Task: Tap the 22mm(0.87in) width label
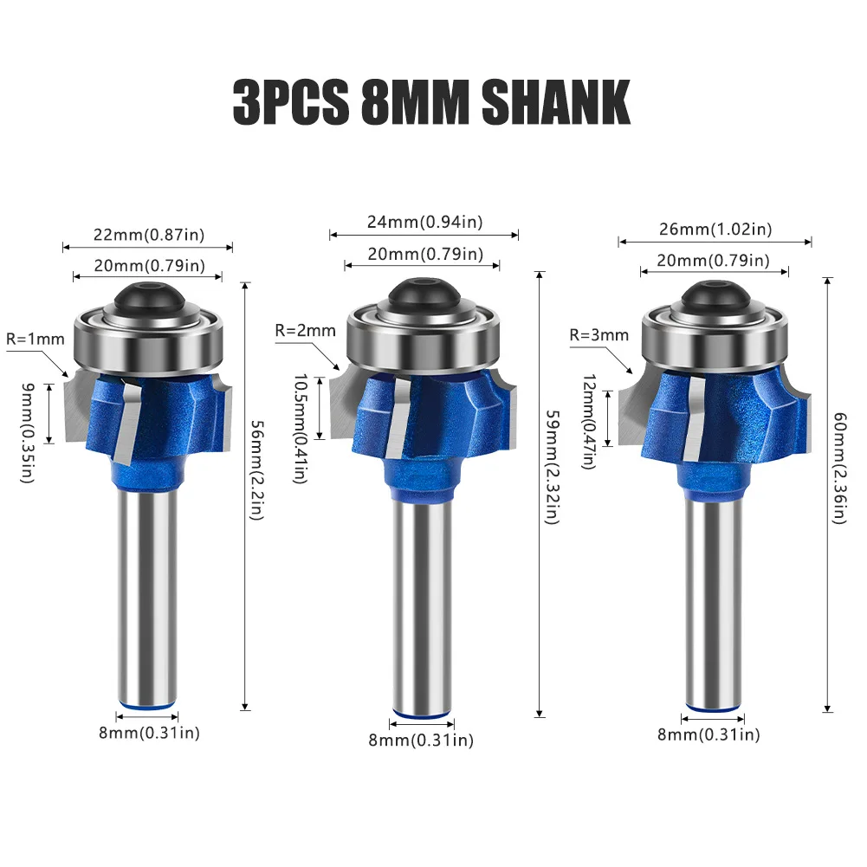click(146, 234)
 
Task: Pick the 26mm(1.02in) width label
click(714, 230)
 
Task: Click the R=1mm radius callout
click(35, 339)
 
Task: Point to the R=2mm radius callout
click(305, 330)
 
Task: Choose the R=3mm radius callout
click(598, 334)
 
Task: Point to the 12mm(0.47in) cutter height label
click(589, 421)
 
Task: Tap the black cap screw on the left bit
click(147, 300)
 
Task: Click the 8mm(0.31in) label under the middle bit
click(421, 740)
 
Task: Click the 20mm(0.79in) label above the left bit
click(146, 266)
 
